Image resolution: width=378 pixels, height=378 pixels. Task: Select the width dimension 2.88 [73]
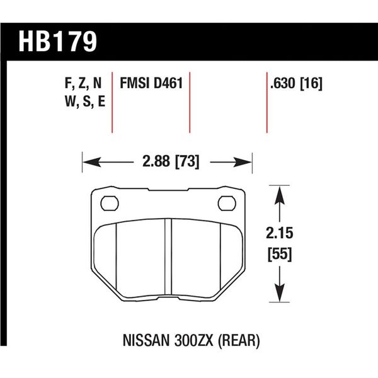pos(168,162)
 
